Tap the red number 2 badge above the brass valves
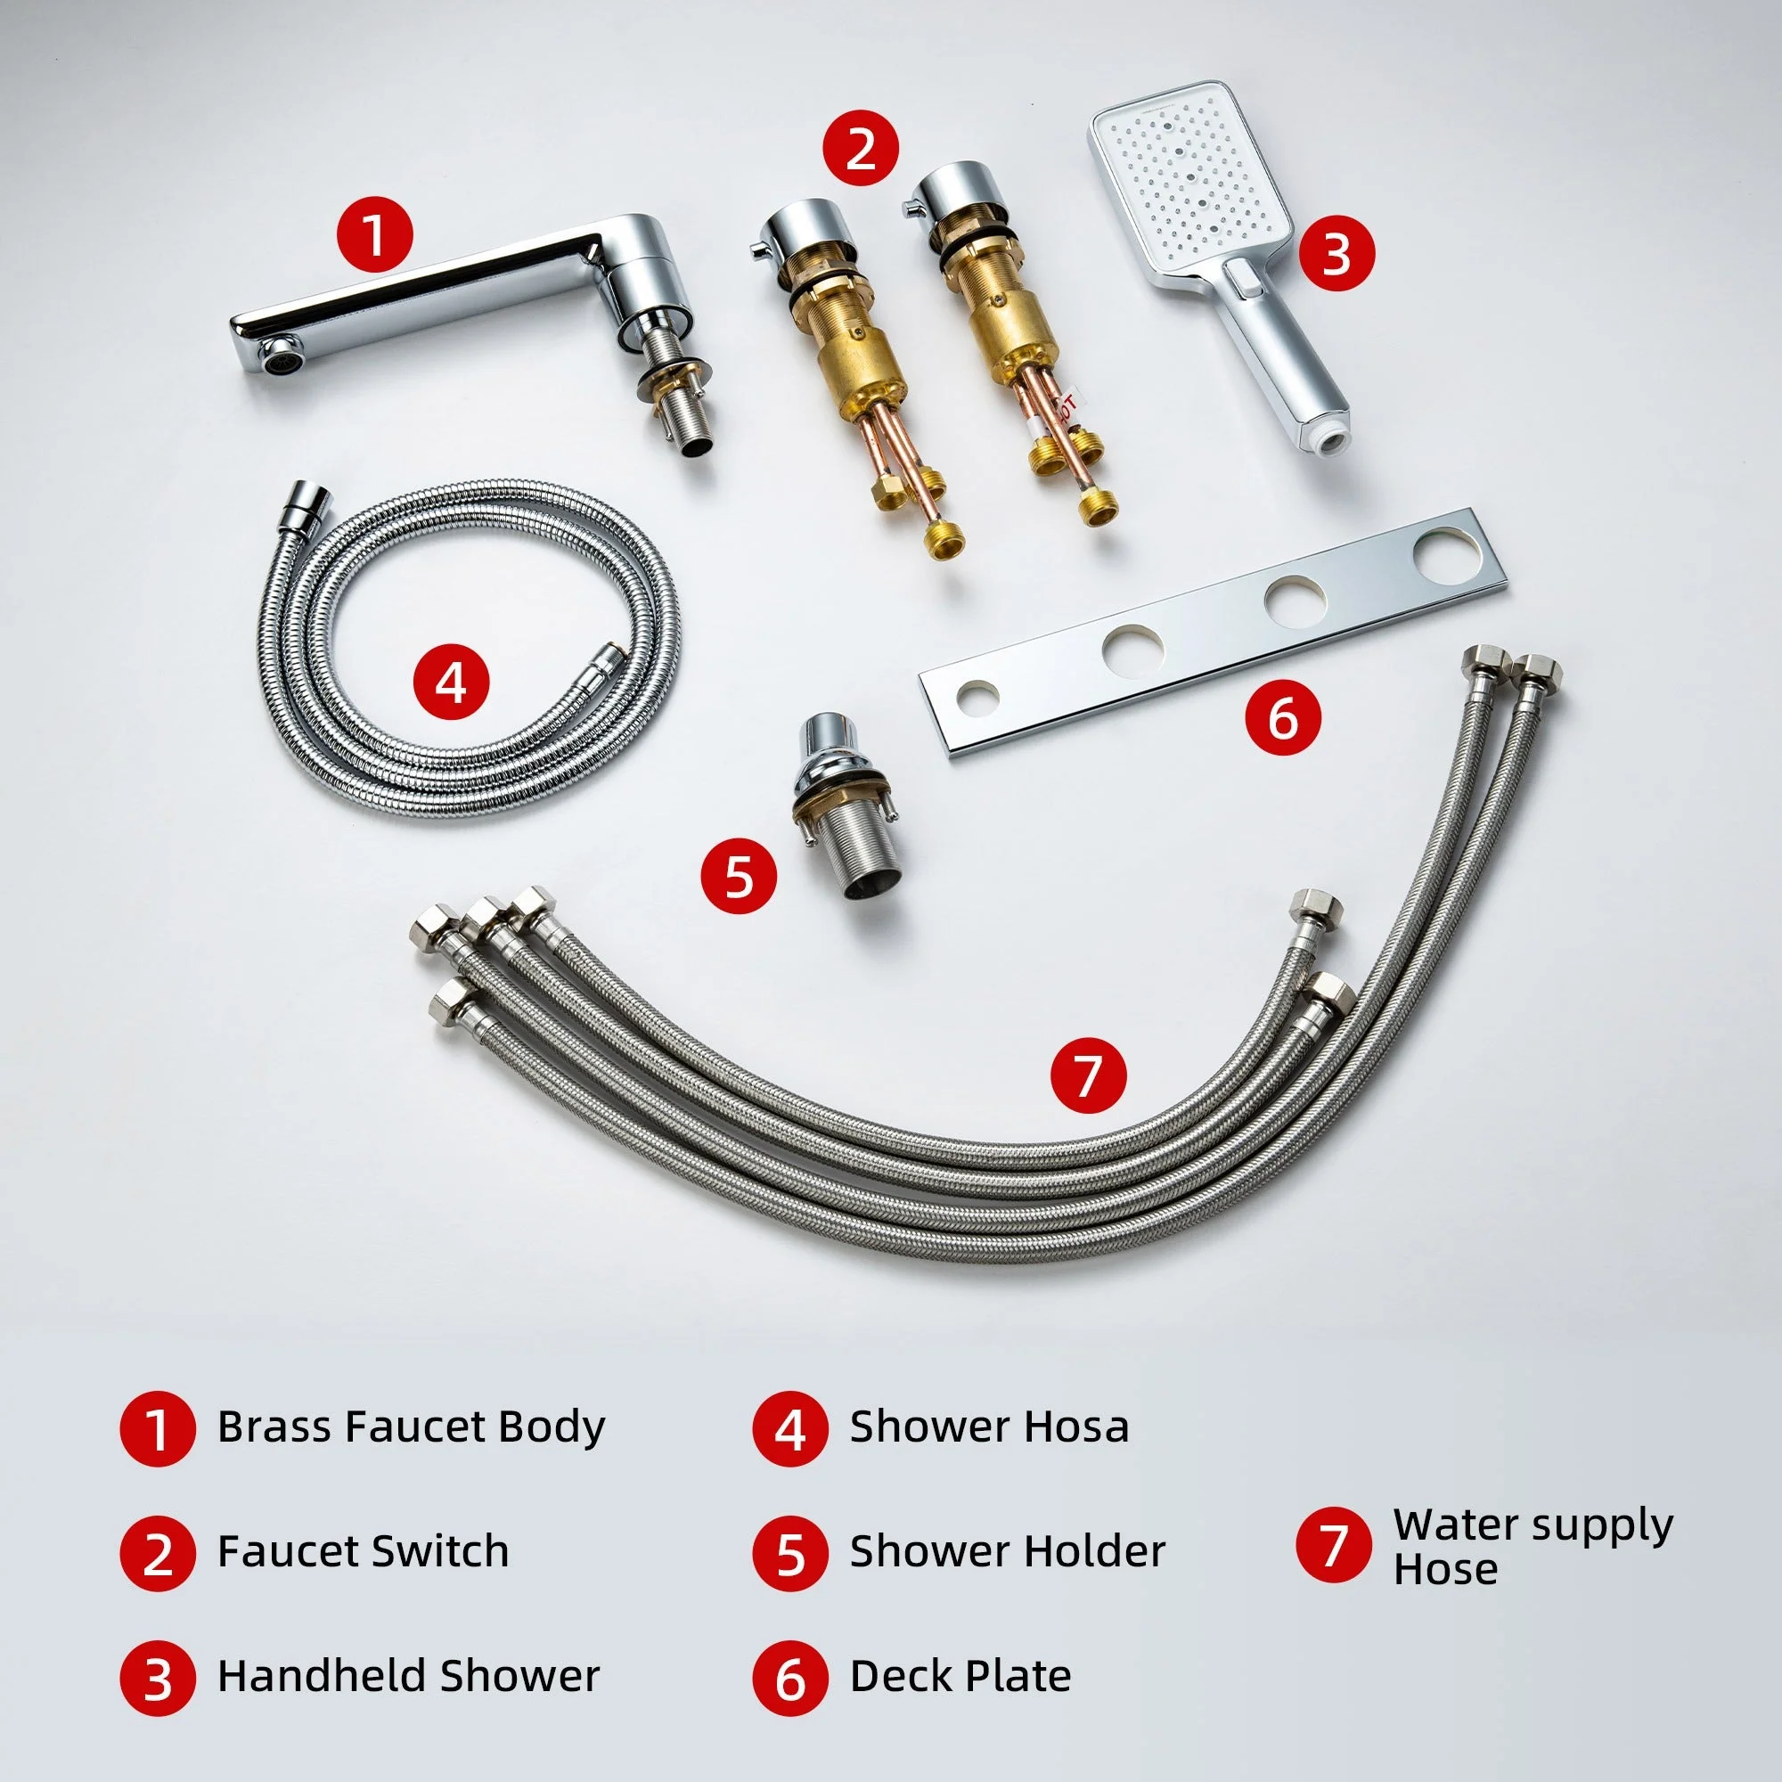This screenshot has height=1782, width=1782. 860,149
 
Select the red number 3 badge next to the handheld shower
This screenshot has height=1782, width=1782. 1336,254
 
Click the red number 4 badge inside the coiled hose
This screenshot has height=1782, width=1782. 451,683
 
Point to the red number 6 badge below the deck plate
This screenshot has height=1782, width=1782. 1283,716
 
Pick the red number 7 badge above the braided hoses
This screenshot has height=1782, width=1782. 1089,1075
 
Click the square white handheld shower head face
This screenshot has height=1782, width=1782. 1189,184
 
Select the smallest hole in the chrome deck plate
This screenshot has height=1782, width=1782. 976,698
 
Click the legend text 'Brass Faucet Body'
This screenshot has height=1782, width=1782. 411,1426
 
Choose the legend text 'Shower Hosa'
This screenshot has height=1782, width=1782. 989,1426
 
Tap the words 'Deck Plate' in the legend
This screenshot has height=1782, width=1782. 960,1676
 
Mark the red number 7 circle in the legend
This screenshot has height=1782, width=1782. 1333,1545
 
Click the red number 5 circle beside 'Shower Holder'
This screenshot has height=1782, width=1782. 789,1553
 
